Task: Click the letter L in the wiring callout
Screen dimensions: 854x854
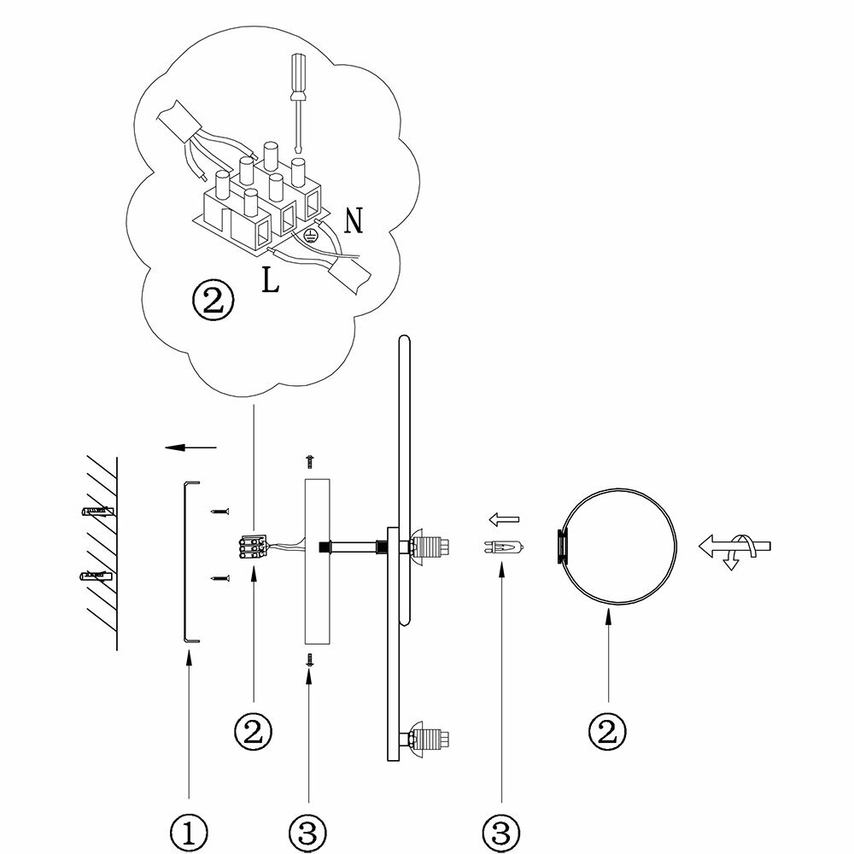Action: (x=270, y=283)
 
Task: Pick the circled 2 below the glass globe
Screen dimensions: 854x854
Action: (x=607, y=730)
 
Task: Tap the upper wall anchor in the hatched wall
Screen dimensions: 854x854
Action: (x=95, y=513)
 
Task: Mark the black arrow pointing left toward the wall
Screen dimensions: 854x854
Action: (x=190, y=447)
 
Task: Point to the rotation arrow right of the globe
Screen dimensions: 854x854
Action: (x=734, y=547)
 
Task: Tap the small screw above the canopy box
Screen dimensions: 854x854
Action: (x=310, y=460)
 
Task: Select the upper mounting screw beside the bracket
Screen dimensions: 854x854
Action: (x=220, y=512)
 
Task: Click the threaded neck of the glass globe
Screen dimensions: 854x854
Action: (x=561, y=547)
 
